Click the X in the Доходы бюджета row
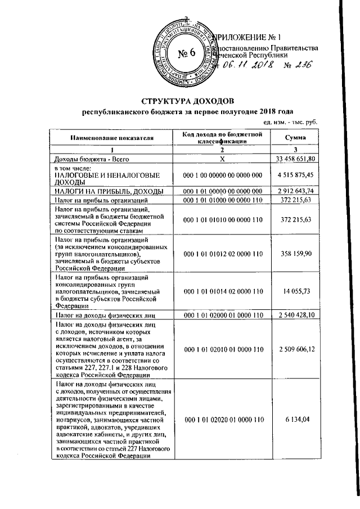pos(222,159)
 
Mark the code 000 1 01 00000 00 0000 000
pos(222,191)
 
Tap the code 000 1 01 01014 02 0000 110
pos(222,291)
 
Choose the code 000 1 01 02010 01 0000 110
pos(222,349)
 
